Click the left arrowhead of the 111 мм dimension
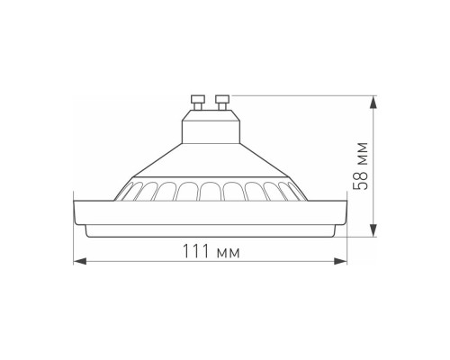pos(77,261)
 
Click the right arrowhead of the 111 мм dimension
pos(343,261)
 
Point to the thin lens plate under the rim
pos(210,230)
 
